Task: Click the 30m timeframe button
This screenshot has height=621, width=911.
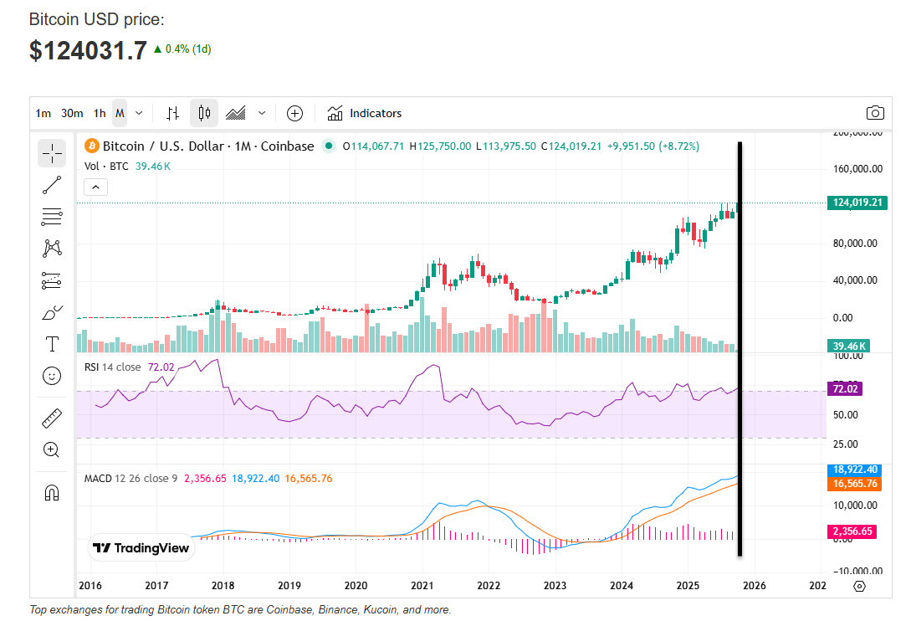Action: point(72,113)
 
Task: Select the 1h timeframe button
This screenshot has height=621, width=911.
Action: point(100,113)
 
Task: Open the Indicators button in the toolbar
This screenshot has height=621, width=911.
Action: point(365,113)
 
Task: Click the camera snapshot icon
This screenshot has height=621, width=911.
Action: point(875,113)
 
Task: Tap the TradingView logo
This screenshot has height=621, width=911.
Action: point(141,548)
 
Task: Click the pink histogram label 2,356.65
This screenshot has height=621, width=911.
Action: point(853,531)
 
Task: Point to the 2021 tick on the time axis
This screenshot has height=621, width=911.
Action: point(422,585)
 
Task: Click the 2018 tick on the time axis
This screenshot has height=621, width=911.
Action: point(223,585)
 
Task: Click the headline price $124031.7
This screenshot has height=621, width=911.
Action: point(88,50)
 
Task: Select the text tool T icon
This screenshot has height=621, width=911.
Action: point(52,344)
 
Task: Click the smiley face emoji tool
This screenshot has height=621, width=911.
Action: point(52,376)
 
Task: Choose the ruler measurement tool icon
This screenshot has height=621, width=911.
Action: point(52,418)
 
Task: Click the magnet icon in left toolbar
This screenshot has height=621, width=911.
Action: point(52,492)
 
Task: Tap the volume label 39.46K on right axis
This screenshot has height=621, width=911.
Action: point(848,346)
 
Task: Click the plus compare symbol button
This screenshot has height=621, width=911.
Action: point(294,113)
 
